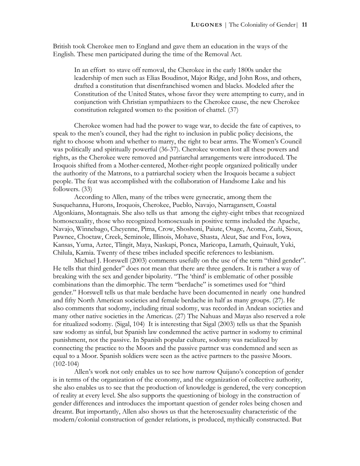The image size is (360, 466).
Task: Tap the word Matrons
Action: (111, 173)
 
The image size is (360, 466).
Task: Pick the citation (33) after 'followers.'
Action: (87, 189)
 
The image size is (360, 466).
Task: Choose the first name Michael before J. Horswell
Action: (86, 261)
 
